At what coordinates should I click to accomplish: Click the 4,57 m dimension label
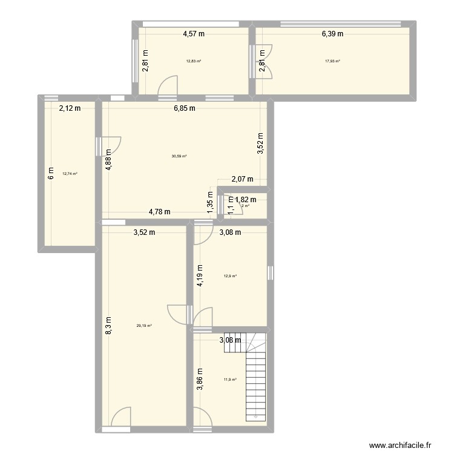tap(194, 34)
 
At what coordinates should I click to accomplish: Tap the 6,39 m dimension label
tap(332, 34)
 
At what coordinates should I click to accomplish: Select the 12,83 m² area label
tap(194, 61)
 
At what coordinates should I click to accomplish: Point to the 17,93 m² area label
tap(332, 61)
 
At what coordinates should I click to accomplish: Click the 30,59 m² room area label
tap(179, 156)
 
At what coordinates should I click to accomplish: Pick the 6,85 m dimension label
tap(184, 109)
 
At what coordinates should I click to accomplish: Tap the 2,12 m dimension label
tap(69, 109)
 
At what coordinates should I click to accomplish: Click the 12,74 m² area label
tap(70, 174)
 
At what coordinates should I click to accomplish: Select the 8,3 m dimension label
tap(108, 327)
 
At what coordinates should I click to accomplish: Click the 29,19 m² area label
tap(143, 326)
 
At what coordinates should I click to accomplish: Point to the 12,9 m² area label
tap(230, 276)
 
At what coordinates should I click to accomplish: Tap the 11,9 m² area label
tap(230, 380)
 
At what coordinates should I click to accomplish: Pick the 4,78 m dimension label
tap(160, 212)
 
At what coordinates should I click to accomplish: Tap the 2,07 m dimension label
tap(242, 179)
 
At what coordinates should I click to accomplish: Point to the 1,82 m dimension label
tap(245, 200)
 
